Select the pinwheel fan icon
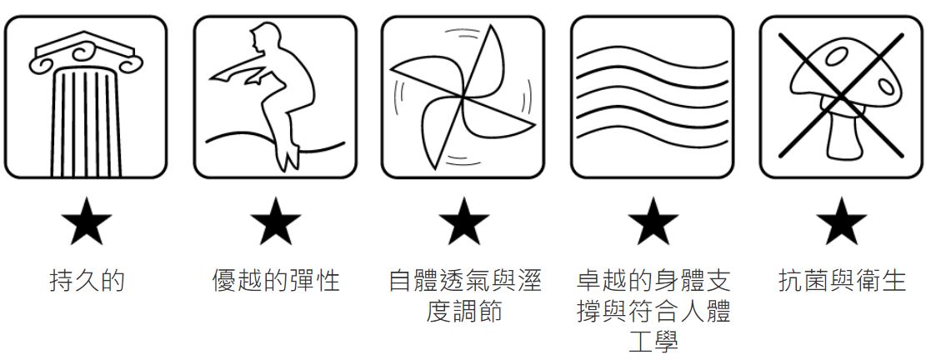(463, 96)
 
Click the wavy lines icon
(652, 97)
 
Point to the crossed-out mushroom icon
(841, 97)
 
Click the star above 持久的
(86, 221)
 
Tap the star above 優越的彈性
(275, 221)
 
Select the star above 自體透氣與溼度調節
(463, 221)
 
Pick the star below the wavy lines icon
(653, 221)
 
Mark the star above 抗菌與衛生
(841, 221)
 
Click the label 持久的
(87, 280)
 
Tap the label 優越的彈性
(276, 280)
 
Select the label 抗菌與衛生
(842, 280)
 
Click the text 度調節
(463, 311)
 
